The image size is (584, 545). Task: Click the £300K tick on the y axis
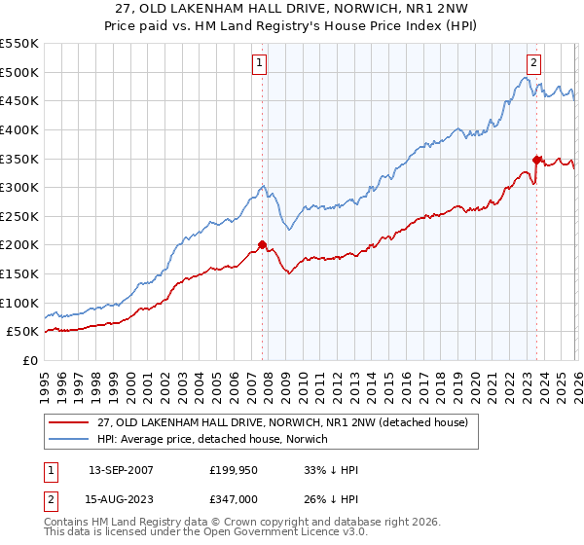pyautogui.click(x=19, y=187)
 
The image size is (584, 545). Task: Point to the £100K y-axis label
pyautogui.click(x=19, y=303)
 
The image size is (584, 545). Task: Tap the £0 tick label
pyautogui.click(x=29, y=360)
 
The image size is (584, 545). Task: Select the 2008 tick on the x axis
pyautogui.click(x=268, y=384)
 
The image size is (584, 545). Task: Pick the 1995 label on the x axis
pyautogui.click(x=45, y=384)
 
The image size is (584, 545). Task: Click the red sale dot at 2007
pyautogui.click(x=262, y=244)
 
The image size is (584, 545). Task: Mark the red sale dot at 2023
pyautogui.click(x=535, y=160)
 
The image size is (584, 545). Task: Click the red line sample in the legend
pyautogui.click(x=70, y=422)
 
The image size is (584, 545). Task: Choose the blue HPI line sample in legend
pyautogui.click(x=70, y=440)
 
